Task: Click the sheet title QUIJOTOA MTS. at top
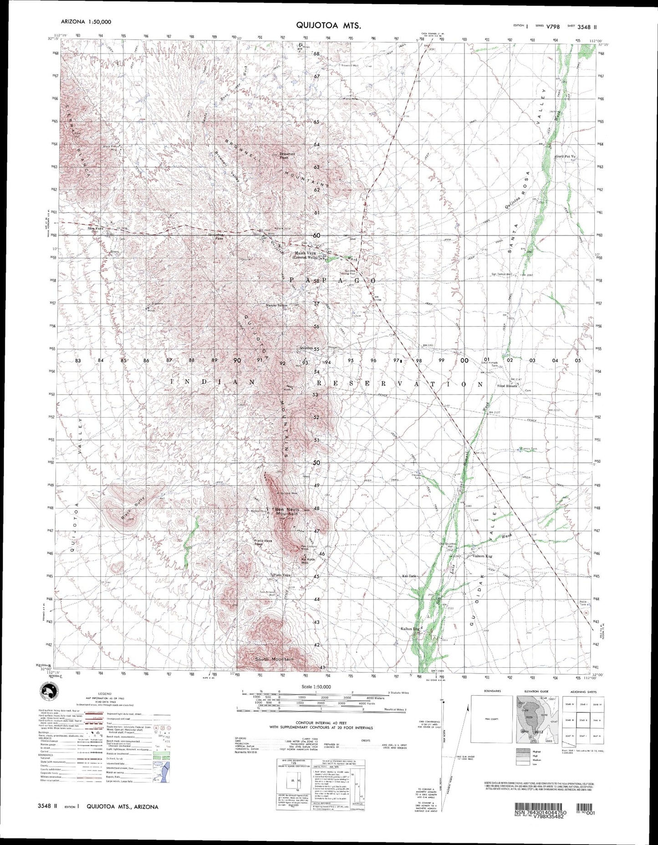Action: (x=329, y=26)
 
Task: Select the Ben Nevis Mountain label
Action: (x=286, y=511)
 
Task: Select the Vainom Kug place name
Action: (x=483, y=556)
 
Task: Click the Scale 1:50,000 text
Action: (x=316, y=686)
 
